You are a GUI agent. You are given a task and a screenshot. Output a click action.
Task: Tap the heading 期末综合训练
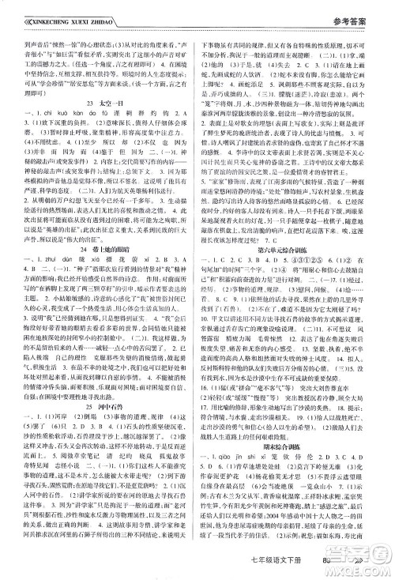[x=296, y=476]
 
